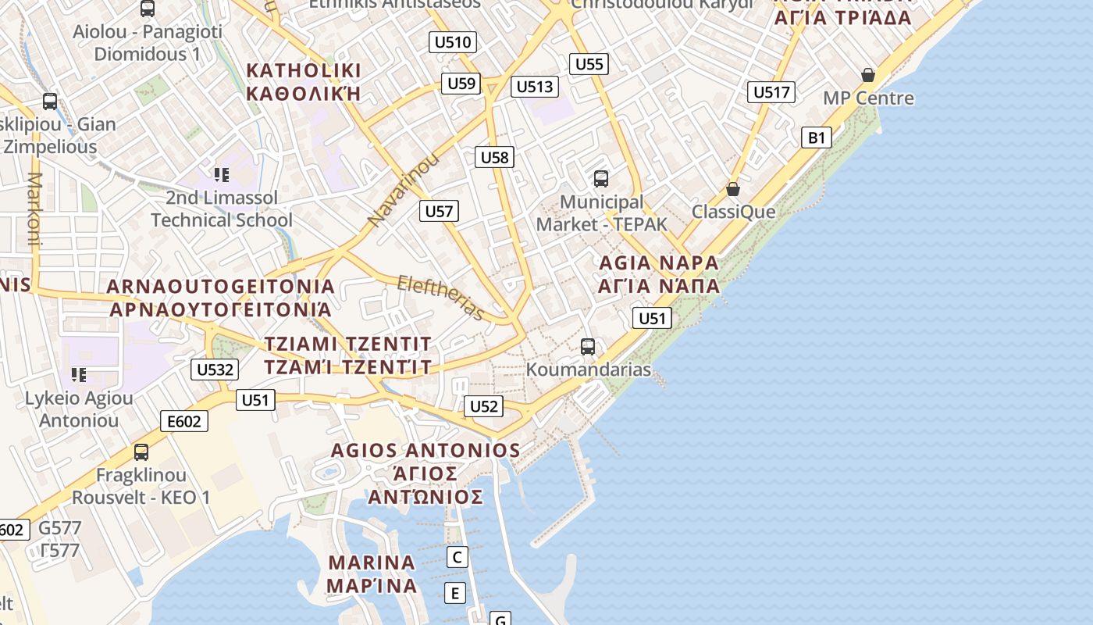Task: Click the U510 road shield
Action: click(x=453, y=42)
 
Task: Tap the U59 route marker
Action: click(x=461, y=84)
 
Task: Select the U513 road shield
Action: click(x=535, y=87)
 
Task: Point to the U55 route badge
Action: click(x=589, y=64)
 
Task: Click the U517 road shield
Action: click(x=771, y=92)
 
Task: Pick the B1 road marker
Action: click(x=816, y=138)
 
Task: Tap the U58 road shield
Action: click(x=494, y=157)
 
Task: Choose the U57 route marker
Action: click(x=439, y=211)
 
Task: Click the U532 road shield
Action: click(x=214, y=370)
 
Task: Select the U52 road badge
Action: click(x=483, y=406)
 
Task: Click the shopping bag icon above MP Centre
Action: click(x=867, y=75)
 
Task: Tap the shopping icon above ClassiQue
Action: click(x=732, y=189)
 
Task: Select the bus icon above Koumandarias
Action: click(x=588, y=346)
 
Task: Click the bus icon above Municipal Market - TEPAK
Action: click(x=600, y=179)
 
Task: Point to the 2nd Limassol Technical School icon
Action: click(x=222, y=174)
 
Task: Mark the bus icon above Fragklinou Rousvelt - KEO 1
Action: click(x=141, y=452)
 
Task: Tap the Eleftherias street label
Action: click(x=440, y=298)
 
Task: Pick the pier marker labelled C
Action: click(x=457, y=557)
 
